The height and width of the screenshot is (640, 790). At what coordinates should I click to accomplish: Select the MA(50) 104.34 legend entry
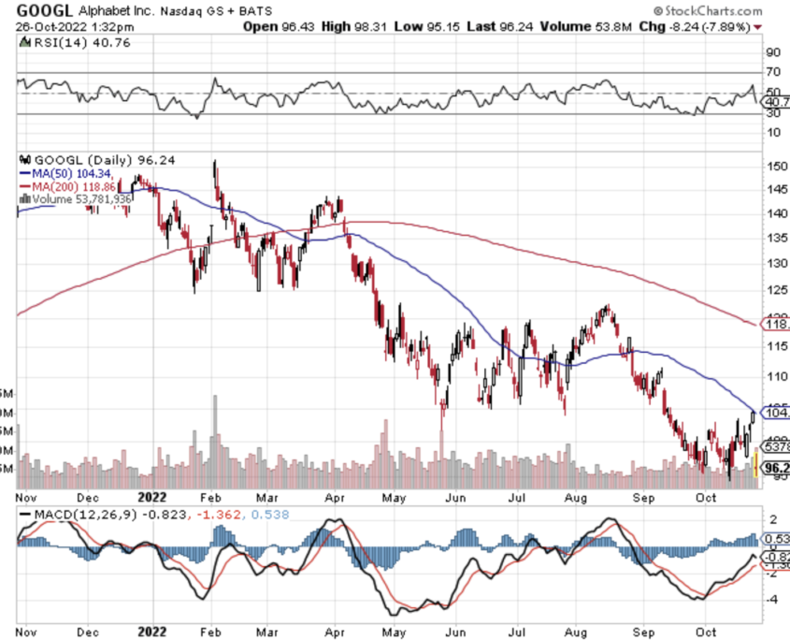(x=70, y=173)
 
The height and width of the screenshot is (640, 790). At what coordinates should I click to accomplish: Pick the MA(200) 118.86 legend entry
(x=74, y=186)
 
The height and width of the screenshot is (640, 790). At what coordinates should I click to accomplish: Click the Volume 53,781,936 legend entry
(x=79, y=199)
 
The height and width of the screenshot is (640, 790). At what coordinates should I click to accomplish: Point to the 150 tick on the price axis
(x=772, y=166)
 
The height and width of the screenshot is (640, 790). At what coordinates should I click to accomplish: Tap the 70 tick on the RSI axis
(x=772, y=72)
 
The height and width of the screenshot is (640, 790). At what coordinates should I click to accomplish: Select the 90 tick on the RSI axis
(x=772, y=52)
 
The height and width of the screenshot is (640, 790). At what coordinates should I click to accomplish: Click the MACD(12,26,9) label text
(x=71, y=516)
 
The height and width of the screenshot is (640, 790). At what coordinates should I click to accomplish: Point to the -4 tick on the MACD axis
(x=772, y=596)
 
